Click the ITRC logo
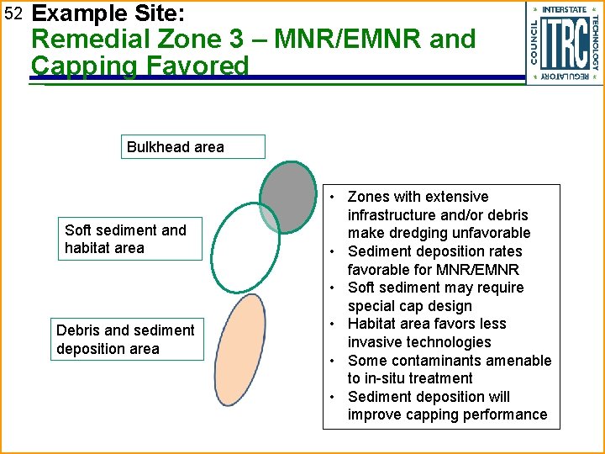point(564,43)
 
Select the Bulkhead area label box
point(193,147)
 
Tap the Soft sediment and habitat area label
point(134,239)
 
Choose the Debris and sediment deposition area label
point(126,340)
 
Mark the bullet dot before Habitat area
point(334,325)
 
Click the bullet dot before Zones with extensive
point(334,198)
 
